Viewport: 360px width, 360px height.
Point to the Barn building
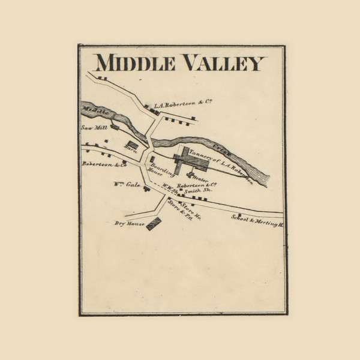click(x=131, y=146)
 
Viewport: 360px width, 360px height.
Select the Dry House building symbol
click(x=154, y=224)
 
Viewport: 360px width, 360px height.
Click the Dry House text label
click(x=130, y=224)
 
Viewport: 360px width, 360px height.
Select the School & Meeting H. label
click(x=257, y=221)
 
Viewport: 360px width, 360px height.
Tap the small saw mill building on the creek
click(x=112, y=124)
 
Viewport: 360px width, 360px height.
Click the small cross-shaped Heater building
click(x=191, y=175)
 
